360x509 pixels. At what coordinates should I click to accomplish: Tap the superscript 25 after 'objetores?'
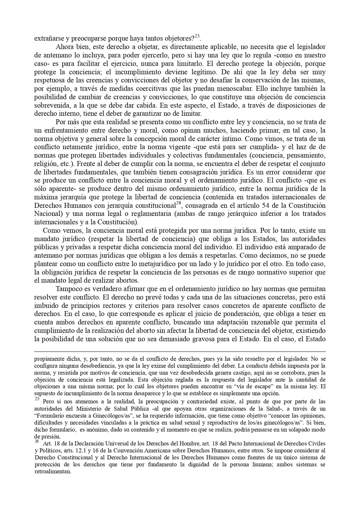[x=197, y=36]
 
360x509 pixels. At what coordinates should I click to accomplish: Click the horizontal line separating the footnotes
[x=180, y=351]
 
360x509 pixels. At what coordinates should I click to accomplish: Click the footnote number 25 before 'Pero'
[x=37, y=399]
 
